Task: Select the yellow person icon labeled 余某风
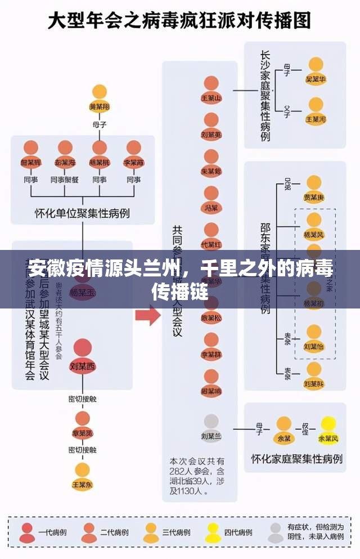(328, 428)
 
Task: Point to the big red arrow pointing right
(147, 315)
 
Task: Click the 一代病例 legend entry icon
(28, 532)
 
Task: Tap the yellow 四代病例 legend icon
(213, 532)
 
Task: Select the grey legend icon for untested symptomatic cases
(275, 532)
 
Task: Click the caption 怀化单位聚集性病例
(83, 213)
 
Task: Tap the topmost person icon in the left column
(100, 96)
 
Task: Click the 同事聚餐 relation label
(65, 180)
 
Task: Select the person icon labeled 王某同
(316, 110)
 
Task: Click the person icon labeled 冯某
(211, 198)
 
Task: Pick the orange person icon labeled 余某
(284, 428)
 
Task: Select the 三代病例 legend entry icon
(151, 532)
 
